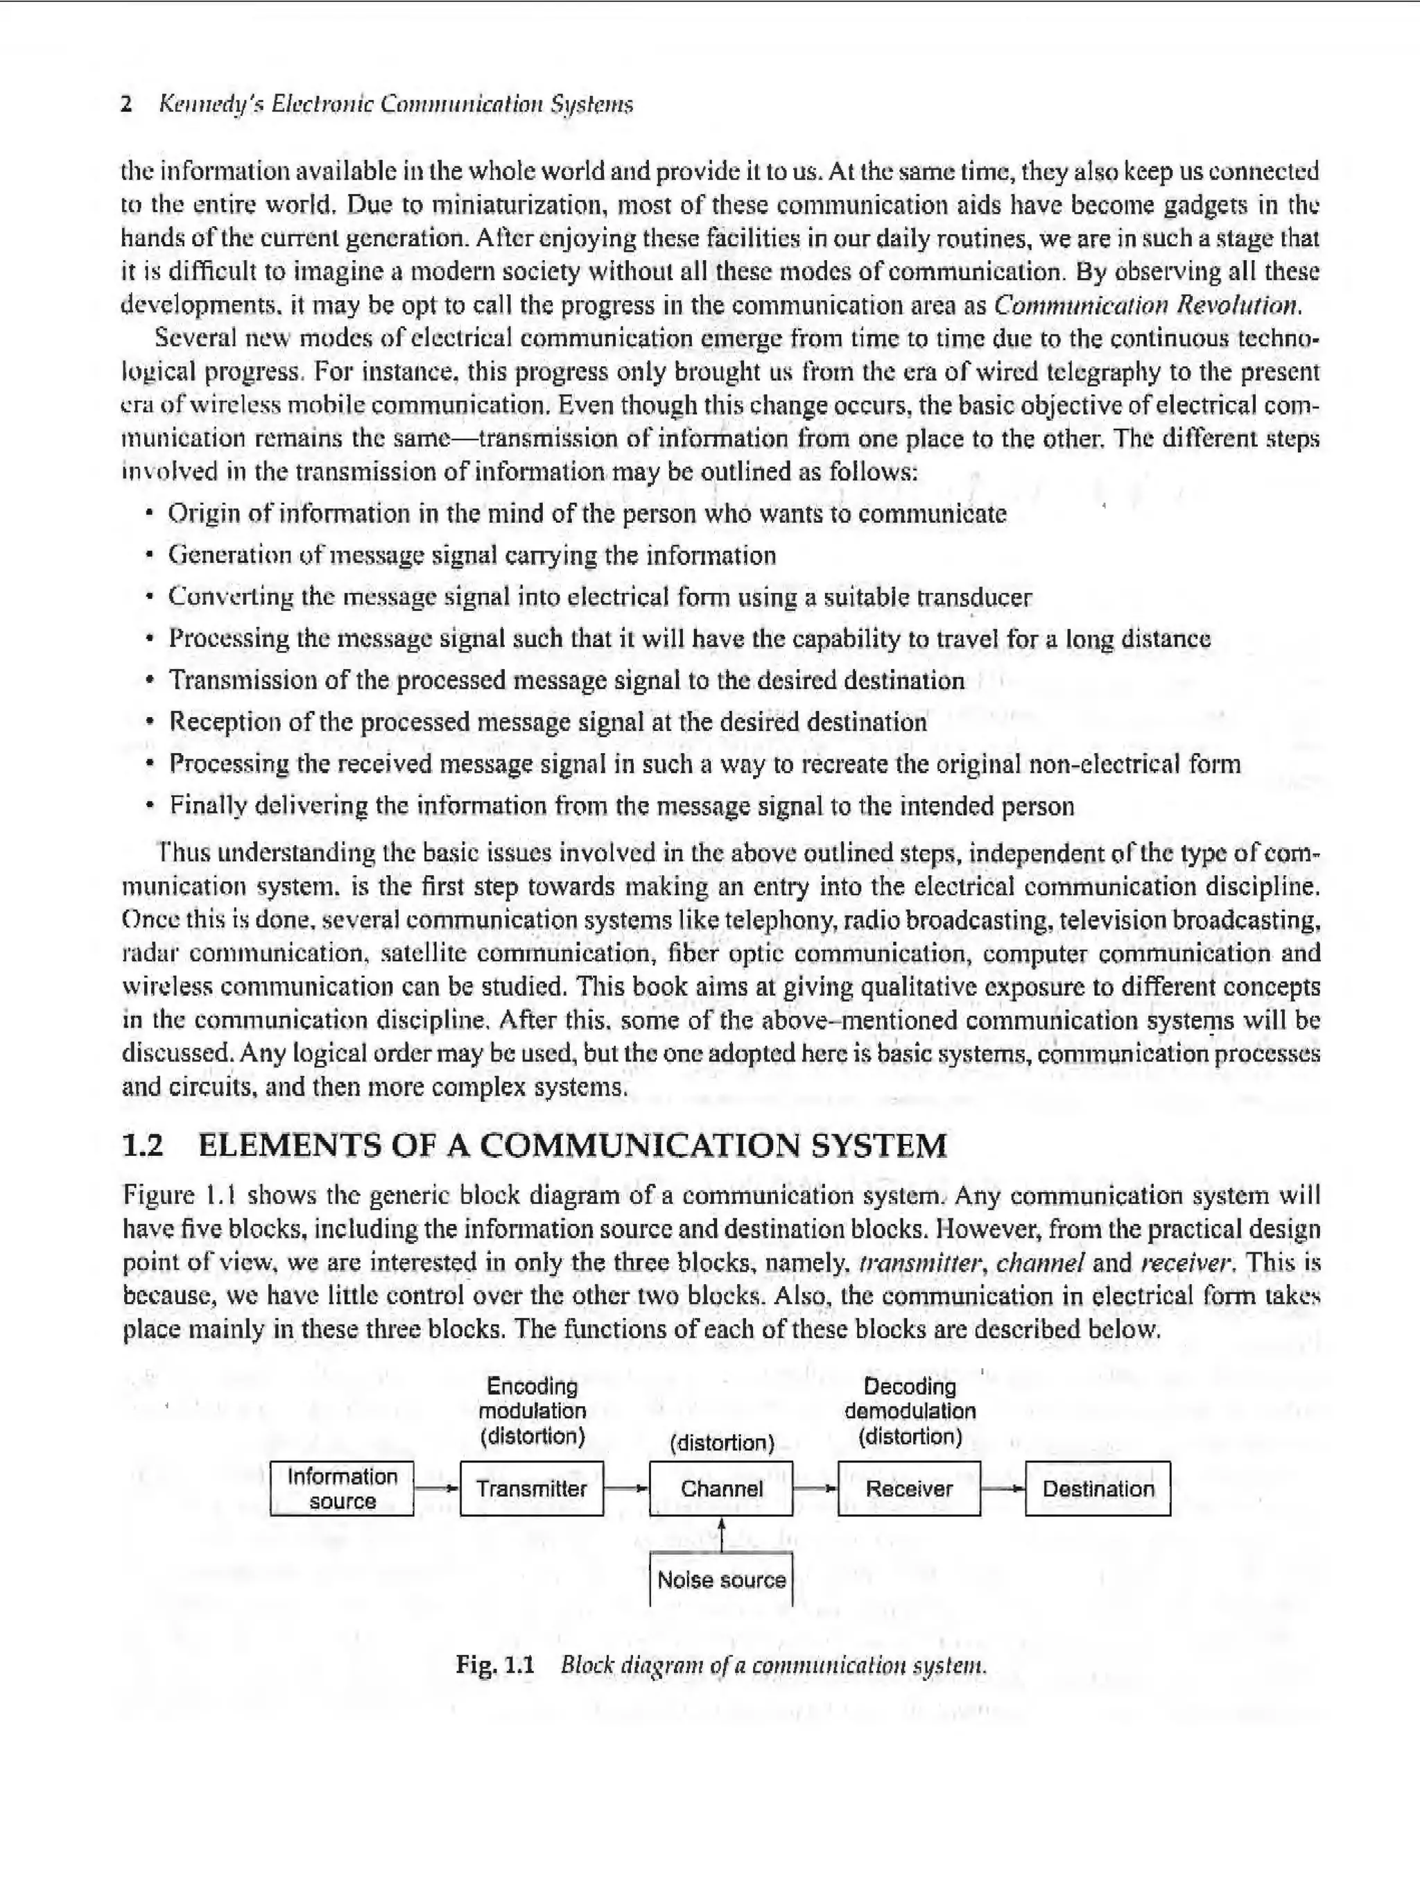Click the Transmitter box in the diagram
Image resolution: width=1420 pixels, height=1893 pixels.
(x=532, y=1489)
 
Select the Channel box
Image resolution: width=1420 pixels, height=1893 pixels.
(x=720, y=1489)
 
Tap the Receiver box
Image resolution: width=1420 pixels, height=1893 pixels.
(x=909, y=1489)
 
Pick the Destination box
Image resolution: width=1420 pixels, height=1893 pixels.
(x=1098, y=1489)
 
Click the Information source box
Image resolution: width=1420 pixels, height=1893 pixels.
(x=343, y=1489)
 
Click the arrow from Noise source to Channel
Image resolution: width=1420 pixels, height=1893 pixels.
(x=722, y=1535)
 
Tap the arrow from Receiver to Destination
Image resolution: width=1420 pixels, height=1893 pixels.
(x=1003, y=1489)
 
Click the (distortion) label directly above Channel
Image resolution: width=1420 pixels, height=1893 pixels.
(x=722, y=1444)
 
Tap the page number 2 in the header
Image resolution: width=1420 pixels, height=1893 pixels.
(x=127, y=105)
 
